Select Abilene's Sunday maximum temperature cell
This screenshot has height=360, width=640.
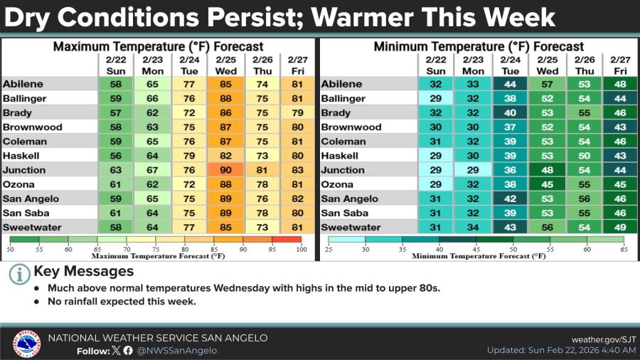click(x=116, y=84)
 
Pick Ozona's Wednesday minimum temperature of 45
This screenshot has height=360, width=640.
click(x=547, y=184)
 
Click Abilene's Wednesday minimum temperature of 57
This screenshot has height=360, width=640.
click(x=547, y=84)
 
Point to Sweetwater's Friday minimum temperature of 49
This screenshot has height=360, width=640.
click(x=620, y=227)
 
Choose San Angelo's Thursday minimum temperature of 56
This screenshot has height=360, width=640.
click(x=584, y=198)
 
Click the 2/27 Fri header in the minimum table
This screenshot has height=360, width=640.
click(x=620, y=65)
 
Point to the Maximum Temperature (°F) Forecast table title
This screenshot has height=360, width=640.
click(x=159, y=46)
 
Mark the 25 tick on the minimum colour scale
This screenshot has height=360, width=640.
click(x=328, y=249)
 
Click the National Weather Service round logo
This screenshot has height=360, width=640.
click(x=26, y=344)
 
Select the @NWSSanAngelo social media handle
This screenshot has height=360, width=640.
click(x=176, y=350)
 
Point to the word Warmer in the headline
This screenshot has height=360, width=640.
click(x=383, y=17)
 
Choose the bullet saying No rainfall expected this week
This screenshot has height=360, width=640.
click(x=122, y=301)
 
